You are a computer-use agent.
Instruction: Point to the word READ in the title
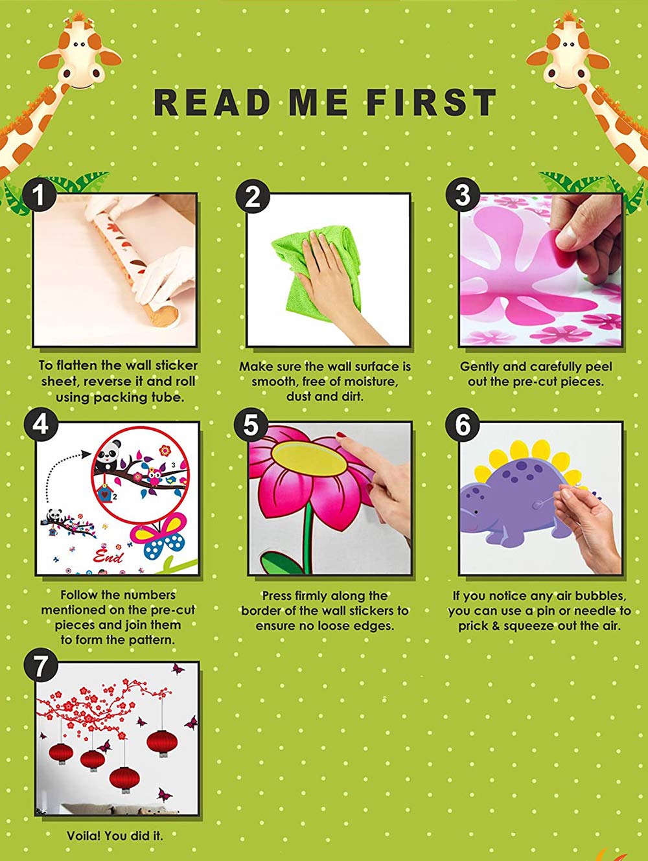212,102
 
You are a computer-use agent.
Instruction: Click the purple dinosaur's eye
476,512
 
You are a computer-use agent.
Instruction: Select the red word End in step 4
108,557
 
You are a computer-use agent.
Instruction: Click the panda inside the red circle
107,456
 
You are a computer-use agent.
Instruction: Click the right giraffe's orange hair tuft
569,16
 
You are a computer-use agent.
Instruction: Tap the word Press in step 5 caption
277,596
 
